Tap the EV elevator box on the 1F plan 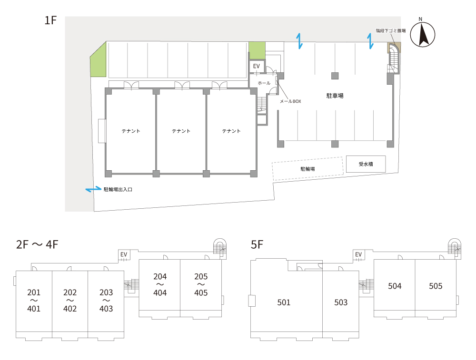[x=257, y=66]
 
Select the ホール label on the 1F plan [x=264, y=83]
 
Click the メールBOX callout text [x=290, y=101]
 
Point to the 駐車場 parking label [x=335, y=96]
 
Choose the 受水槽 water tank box [x=366, y=164]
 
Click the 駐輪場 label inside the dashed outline [x=307, y=169]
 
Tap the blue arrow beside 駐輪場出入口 [x=93, y=189]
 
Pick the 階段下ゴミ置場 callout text [x=391, y=30]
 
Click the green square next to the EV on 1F [x=257, y=51]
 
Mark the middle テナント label [x=181, y=131]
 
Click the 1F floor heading [x=50, y=20]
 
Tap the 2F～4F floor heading [x=37, y=244]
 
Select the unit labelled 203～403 [x=106, y=301]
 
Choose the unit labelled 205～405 [x=201, y=285]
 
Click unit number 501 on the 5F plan [x=284, y=302]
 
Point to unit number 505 [x=436, y=286]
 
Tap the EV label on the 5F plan [x=358, y=254]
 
